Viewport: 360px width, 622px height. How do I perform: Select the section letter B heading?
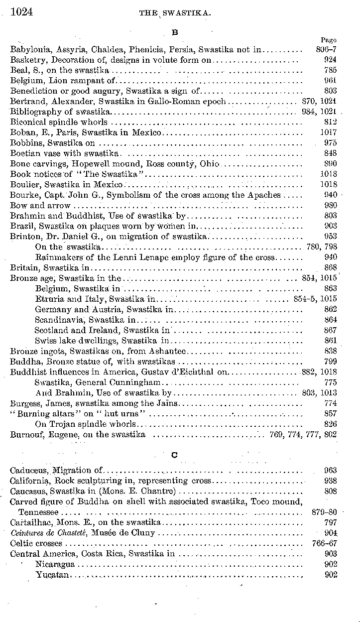pos(174,33)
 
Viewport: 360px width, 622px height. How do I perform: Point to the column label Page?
pos(329,40)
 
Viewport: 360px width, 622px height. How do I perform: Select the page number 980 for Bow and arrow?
pos(330,205)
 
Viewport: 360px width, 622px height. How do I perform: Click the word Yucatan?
pos(53,575)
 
